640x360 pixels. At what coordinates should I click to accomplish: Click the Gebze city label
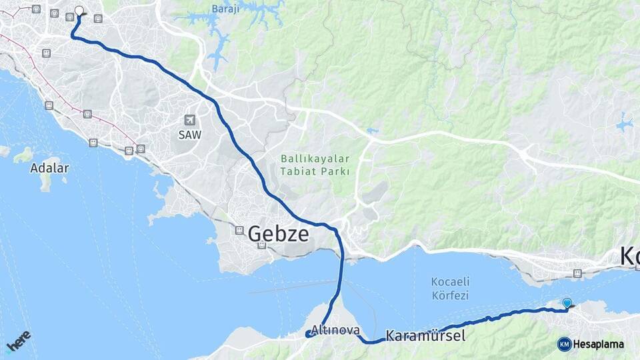coord(278,234)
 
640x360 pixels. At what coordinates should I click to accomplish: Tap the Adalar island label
coord(49,168)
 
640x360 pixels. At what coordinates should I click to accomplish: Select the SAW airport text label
coord(189,134)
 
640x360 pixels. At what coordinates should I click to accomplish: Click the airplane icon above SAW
coord(189,120)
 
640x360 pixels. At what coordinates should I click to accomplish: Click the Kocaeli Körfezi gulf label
coord(446,288)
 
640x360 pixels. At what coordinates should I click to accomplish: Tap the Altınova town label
coord(335,330)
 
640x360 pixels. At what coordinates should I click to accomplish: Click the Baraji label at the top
coord(225,9)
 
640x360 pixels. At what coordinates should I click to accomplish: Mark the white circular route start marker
coord(79,11)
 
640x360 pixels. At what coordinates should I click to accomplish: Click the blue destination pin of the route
coord(567,303)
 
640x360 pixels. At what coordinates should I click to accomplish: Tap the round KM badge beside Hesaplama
coord(564,344)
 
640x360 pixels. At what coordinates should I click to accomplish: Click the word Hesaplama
coord(598,345)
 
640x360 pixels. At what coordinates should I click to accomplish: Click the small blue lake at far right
coord(625,124)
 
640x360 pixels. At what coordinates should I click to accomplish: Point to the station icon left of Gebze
coord(239,230)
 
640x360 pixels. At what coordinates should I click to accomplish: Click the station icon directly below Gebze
coord(262,245)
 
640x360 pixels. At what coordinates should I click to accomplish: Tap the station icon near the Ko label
coord(578,273)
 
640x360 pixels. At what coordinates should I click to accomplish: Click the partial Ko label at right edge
coord(629,256)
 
